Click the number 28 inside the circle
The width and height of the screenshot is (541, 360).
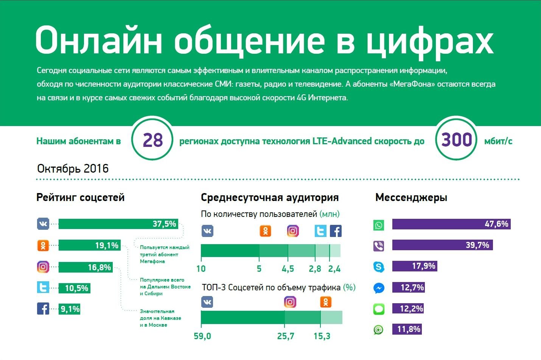coord(152,140)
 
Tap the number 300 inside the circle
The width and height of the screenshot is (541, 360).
coord(457,140)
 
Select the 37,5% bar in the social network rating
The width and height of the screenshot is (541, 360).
coord(118,224)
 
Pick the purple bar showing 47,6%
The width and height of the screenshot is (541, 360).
coord(451,224)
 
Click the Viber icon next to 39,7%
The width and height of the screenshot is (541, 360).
coord(379,246)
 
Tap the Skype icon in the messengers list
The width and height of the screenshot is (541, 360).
coord(379,266)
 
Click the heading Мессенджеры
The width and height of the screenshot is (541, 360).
coord(411,197)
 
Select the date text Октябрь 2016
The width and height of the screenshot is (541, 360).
coord(73,168)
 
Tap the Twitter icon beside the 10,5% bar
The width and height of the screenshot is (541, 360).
coord(43,288)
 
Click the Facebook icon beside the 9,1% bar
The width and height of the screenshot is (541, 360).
coord(43,309)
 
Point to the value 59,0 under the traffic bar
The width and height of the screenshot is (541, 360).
coord(202,336)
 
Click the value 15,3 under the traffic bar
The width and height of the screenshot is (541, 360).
coord(322,336)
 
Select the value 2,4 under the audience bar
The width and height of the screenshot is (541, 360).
coord(334,269)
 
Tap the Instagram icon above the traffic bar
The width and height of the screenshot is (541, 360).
coord(290,302)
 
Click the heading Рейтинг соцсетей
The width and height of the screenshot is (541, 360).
coord(80,197)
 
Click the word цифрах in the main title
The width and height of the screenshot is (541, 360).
coord(430,41)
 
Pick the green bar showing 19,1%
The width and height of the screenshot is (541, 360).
coord(89,245)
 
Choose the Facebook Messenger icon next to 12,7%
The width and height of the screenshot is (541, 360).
coord(379,288)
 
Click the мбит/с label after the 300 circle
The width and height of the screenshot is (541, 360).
coord(498,141)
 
